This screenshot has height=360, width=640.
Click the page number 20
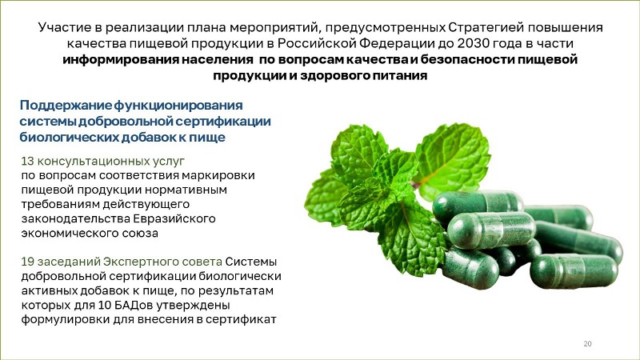point(587,344)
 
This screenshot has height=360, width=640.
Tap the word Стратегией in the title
point(486,27)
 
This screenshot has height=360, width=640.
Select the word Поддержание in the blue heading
point(66,106)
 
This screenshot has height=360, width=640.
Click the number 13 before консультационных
point(27,161)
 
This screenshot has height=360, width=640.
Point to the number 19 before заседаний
point(27,262)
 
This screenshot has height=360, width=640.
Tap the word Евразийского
point(174,218)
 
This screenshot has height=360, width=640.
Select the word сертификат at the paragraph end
point(241,319)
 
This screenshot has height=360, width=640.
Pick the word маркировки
point(218,175)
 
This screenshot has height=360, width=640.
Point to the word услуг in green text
point(169,162)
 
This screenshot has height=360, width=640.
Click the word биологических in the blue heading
point(69,138)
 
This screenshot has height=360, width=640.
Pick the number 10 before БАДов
point(105,305)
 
